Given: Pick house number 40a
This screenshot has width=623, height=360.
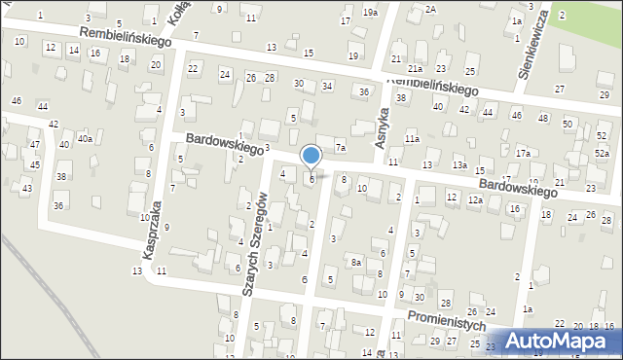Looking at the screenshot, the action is point(85,139).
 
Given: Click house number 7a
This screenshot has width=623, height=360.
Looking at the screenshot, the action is point(341,148).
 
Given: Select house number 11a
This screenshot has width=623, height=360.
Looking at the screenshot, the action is point(413,140).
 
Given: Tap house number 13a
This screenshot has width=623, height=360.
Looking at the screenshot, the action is point(459,165).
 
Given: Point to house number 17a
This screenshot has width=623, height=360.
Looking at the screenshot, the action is point(523,154).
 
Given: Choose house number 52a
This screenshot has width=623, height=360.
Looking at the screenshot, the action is point(603,155).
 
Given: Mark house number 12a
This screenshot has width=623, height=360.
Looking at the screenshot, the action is point(475,199).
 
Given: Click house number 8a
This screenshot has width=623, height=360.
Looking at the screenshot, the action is point(357,263).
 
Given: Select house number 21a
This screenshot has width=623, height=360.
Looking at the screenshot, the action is point(415,69).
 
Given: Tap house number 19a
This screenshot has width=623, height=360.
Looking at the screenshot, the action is point(370,13).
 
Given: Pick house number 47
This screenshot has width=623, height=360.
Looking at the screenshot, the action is point(34,144).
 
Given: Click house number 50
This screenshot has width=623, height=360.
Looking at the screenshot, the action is point(568,125).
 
